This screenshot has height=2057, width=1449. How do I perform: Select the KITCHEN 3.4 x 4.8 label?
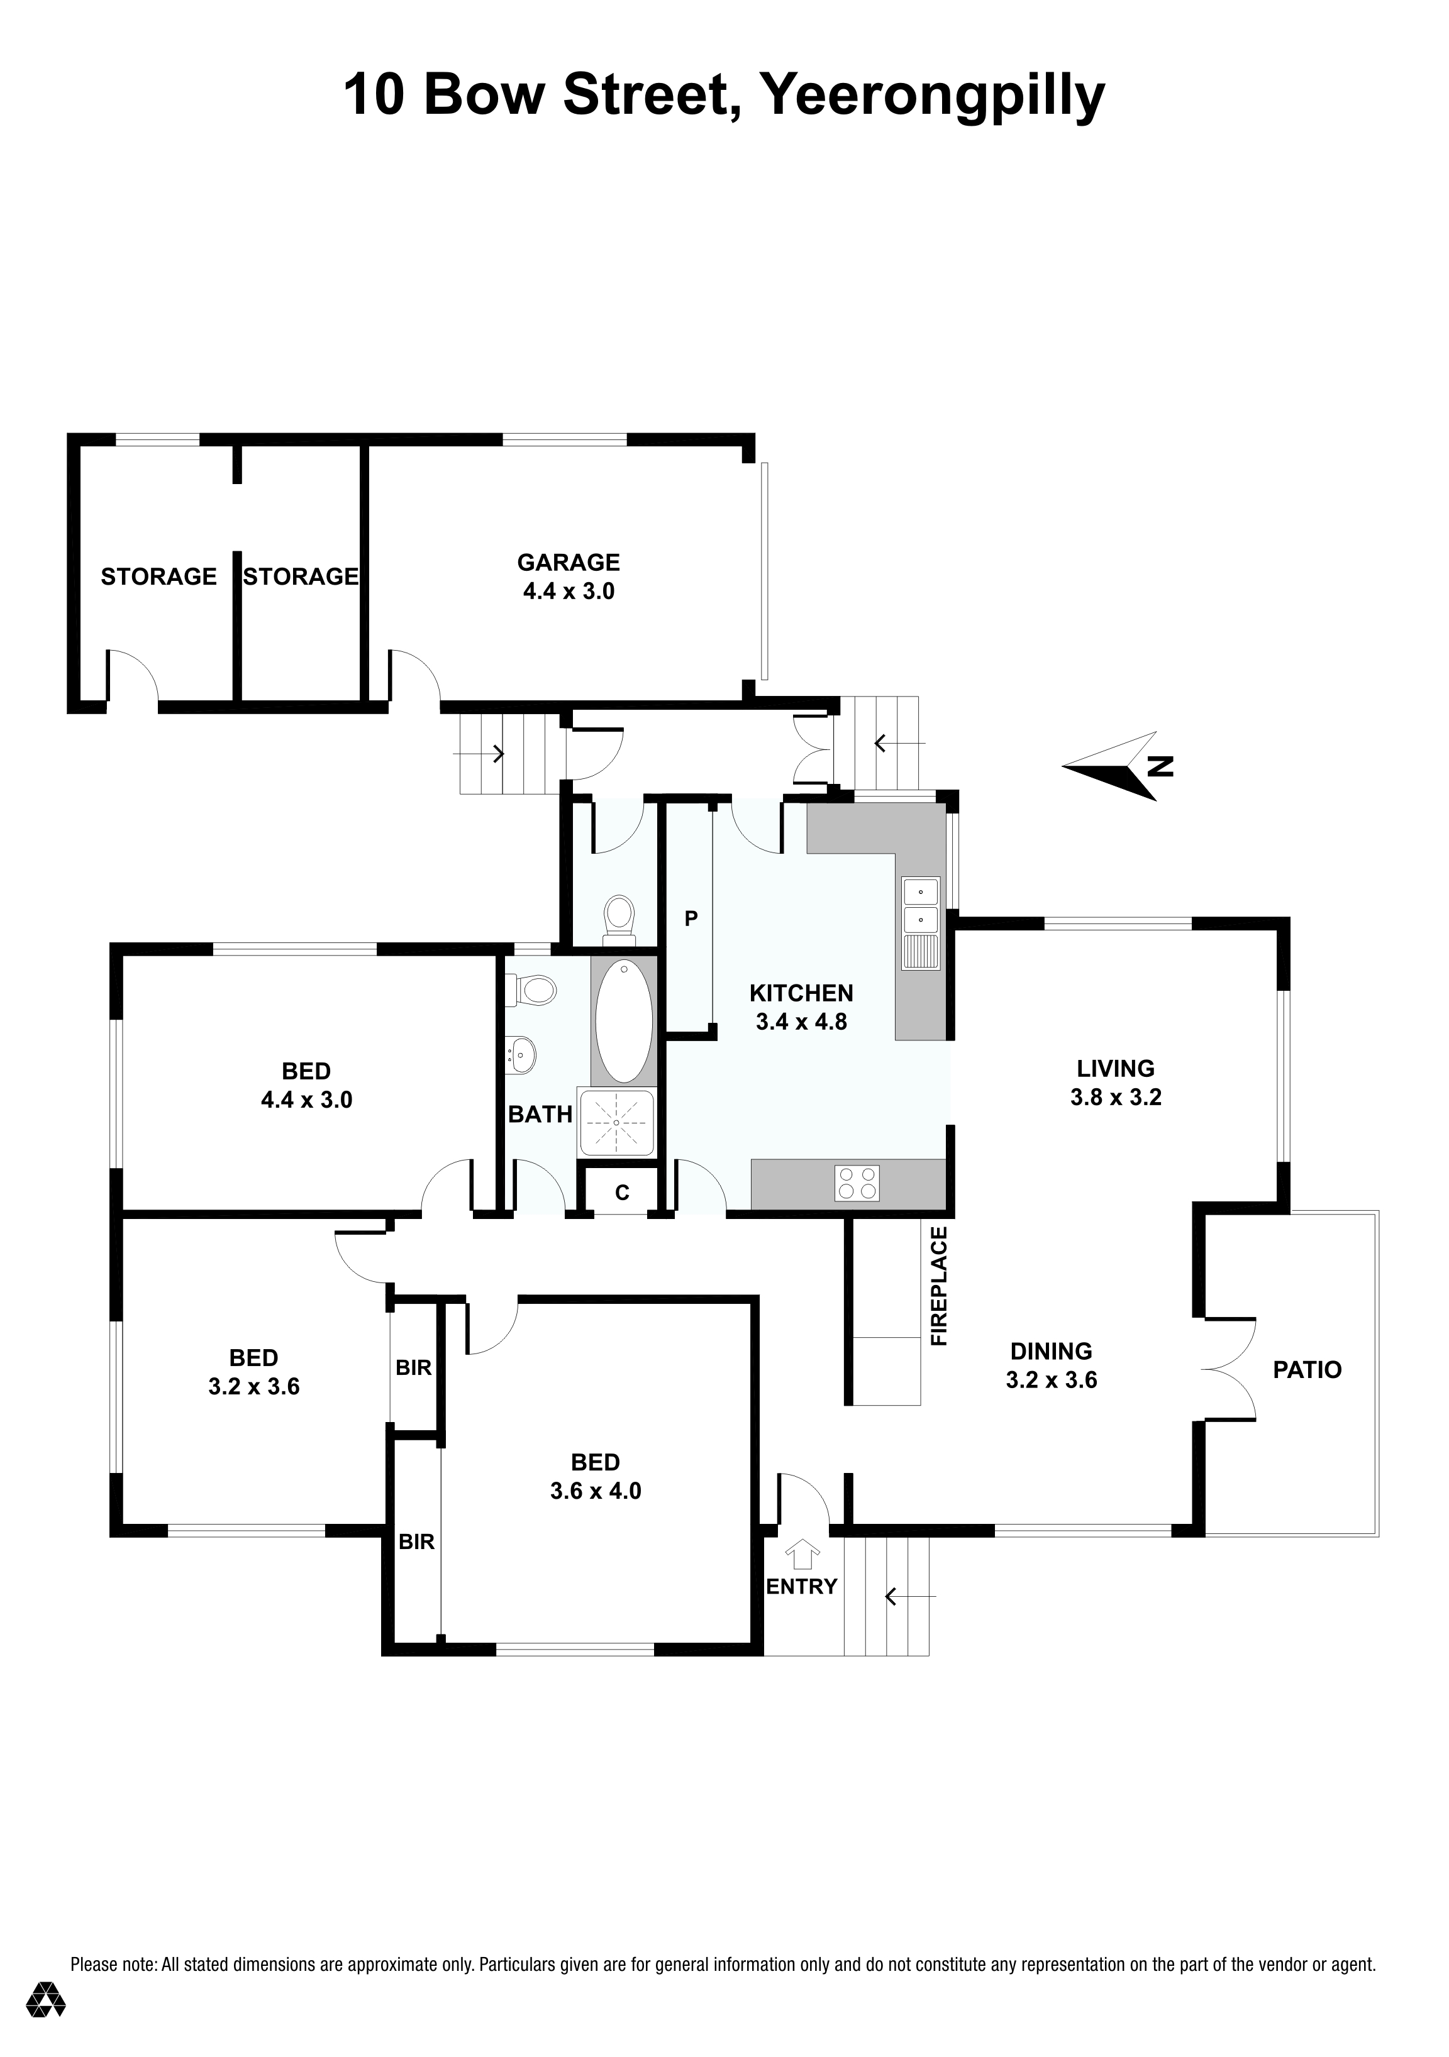[801, 1007]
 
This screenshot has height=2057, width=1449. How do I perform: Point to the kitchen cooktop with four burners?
[857, 1183]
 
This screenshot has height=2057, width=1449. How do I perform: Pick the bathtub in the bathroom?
[625, 1020]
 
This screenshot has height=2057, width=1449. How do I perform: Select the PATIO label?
[1307, 1369]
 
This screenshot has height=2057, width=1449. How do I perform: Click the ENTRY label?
[801, 1585]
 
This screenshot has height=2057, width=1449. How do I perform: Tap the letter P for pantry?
[691, 918]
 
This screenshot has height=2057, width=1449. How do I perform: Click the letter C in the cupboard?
[622, 1193]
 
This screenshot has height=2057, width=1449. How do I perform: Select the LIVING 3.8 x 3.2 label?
[1116, 1083]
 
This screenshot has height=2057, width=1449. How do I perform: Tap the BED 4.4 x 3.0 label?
[306, 1085]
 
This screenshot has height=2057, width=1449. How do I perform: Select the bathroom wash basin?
[521, 1054]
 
